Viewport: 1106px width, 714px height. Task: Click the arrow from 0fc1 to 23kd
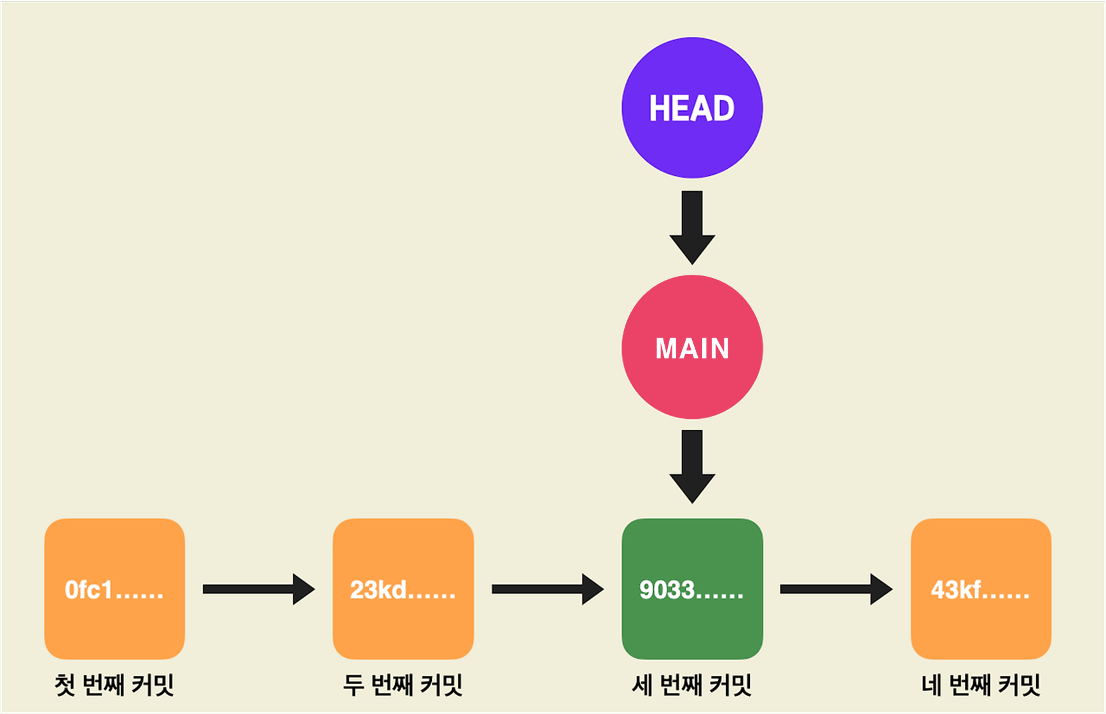point(258,590)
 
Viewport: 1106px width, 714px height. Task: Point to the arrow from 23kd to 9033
point(547,590)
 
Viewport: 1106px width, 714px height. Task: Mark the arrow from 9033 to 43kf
point(836,590)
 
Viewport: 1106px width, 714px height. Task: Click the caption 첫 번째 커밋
point(114,685)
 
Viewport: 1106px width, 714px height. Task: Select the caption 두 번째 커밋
point(403,685)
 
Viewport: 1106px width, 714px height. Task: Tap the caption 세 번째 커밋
point(692,685)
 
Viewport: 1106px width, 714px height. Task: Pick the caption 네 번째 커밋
point(981,685)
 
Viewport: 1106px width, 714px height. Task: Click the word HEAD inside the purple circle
point(692,109)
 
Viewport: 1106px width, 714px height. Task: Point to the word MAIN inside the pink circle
point(692,348)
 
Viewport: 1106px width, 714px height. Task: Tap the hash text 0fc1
point(90,590)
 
